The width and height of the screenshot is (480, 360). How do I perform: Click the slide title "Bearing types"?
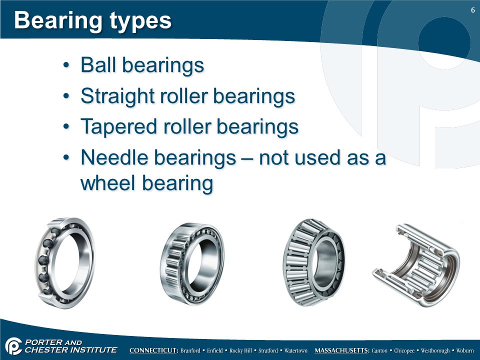pyautogui.click(x=93, y=21)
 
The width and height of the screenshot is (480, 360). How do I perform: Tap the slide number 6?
pyautogui.click(x=472, y=10)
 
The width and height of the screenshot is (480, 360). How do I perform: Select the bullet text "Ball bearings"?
pyautogui.click(x=142, y=65)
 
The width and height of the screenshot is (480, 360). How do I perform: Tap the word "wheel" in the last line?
pyautogui.click(x=108, y=183)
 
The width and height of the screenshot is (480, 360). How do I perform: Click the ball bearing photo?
pyautogui.click(x=64, y=262)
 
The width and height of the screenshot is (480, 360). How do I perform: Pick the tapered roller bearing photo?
pyautogui.click(x=314, y=262)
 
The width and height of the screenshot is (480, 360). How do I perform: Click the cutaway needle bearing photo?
pyautogui.click(x=416, y=265)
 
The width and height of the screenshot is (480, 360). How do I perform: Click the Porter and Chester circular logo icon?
pyautogui.click(x=13, y=346)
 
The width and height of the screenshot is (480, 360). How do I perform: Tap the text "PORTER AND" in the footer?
pyautogui.click(x=53, y=342)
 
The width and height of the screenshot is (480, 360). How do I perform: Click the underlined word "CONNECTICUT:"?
pyautogui.click(x=154, y=350)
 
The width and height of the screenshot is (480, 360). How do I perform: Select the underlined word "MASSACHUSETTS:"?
pyautogui.click(x=342, y=350)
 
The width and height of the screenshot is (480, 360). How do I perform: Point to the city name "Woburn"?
pyautogui.click(x=464, y=350)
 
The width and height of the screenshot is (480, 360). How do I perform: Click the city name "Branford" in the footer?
pyautogui.click(x=190, y=350)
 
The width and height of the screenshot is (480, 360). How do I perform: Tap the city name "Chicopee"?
pyautogui.click(x=404, y=351)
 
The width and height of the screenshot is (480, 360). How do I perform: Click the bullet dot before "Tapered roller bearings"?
pyautogui.click(x=66, y=126)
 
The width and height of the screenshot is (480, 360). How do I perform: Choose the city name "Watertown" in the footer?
pyautogui.click(x=295, y=350)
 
